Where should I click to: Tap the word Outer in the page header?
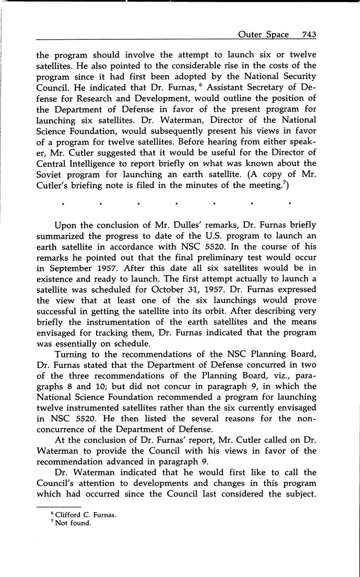coord(250,35)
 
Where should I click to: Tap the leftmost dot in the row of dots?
coord(62,204)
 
